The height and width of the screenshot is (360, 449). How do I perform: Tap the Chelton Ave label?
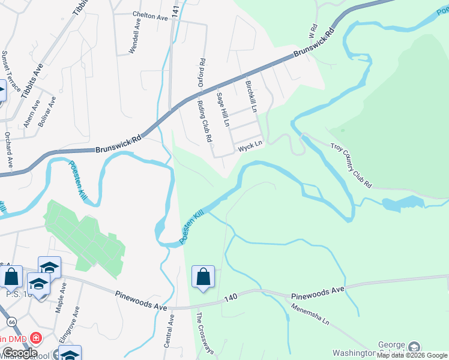click(149, 17)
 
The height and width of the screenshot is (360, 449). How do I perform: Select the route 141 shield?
click(175, 28)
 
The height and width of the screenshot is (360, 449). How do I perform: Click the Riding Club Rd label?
click(205, 121)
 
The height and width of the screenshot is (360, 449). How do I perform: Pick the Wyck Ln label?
click(250, 145)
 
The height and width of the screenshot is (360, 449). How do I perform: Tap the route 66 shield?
click(12, 322)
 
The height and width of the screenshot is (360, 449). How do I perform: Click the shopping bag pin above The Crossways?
click(203, 277)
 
